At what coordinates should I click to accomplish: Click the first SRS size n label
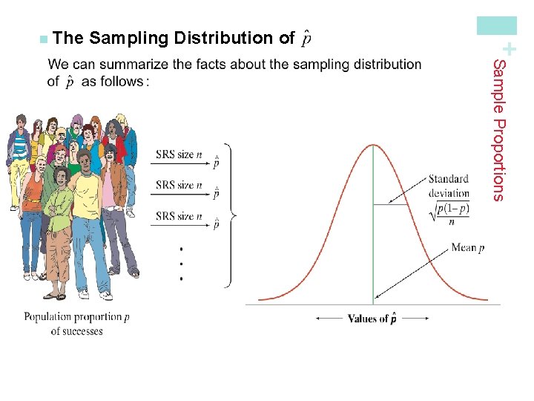point(174,155)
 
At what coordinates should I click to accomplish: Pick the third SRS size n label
point(174,216)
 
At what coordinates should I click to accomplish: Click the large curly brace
point(229,215)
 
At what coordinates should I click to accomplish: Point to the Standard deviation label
point(448,186)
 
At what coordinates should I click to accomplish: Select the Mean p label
point(467,248)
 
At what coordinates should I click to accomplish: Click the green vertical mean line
point(372,245)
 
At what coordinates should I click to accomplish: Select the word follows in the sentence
point(122,81)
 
